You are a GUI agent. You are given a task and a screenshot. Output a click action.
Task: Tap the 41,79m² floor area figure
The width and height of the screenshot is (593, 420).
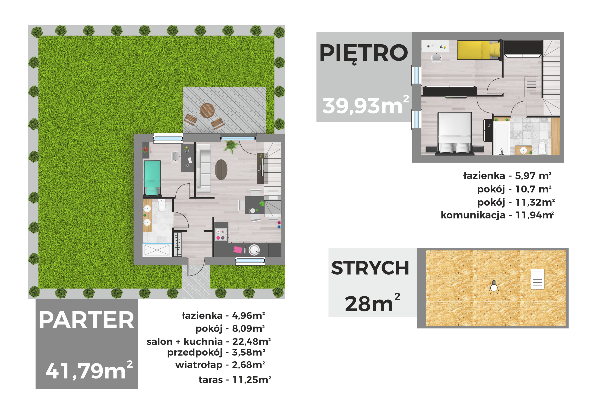point(89,370)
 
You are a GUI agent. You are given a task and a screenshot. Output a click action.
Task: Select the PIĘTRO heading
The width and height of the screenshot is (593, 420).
point(363,53)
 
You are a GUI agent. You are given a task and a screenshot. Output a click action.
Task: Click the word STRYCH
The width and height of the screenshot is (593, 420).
point(370,268)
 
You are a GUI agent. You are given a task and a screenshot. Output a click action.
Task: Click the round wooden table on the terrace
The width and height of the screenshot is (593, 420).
point(207,110)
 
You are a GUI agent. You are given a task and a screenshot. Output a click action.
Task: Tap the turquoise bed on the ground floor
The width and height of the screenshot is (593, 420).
point(152,178)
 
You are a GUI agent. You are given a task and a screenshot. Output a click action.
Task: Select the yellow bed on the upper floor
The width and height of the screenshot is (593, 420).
point(479,50)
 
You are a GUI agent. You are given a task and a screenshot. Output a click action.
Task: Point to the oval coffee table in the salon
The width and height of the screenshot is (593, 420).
point(221,170)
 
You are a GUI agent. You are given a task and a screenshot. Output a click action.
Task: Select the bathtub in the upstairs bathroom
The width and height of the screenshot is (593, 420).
point(501,139)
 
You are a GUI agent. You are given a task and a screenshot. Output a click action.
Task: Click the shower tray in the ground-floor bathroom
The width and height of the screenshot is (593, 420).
point(157,250)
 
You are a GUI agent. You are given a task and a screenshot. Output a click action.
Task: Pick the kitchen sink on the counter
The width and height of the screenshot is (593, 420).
point(254,250)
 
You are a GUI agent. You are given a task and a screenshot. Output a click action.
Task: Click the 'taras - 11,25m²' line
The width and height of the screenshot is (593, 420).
point(235,380)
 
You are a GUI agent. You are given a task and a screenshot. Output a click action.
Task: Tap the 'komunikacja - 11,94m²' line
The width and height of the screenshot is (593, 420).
point(497,215)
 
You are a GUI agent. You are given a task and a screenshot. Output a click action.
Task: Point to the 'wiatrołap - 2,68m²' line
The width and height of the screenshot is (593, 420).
point(220,365)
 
